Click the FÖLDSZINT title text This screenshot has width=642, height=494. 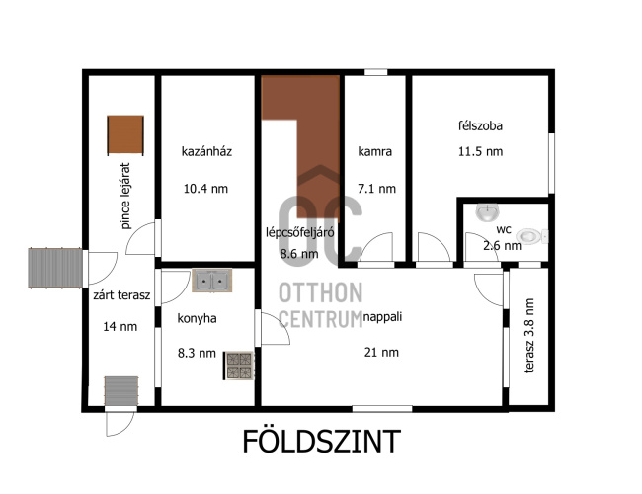click(x=321, y=441)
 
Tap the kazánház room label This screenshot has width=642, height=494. click(x=206, y=151)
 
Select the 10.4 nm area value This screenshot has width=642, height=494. click(x=205, y=189)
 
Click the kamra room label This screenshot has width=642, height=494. click(x=375, y=151)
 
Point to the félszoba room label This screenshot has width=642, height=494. click(x=480, y=125)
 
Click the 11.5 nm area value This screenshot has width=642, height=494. click(x=480, y=151)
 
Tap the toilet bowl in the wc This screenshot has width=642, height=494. click(x=531, y=236)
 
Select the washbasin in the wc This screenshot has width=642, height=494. click(x=487, y=212)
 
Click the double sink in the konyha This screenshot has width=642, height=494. click(x=212, y=281)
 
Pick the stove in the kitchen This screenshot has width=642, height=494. click(x=239, y=366)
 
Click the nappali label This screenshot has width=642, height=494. click(x=383, y=316)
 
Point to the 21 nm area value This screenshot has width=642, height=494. click(x=381, y=353)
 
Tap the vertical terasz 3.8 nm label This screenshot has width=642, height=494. click(x=529, y=336)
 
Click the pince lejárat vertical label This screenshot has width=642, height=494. click(x=125, y=196)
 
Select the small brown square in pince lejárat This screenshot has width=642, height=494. click(x=125, y=135)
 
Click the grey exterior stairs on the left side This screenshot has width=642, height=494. click(x=55, y=268)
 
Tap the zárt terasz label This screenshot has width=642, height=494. click(x=121, y=295)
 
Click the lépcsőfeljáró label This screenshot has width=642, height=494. click(x=300, y=232)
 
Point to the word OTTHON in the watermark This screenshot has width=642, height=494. click(x=321, y=292)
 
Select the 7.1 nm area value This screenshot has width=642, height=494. click(x=376, y=189)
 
